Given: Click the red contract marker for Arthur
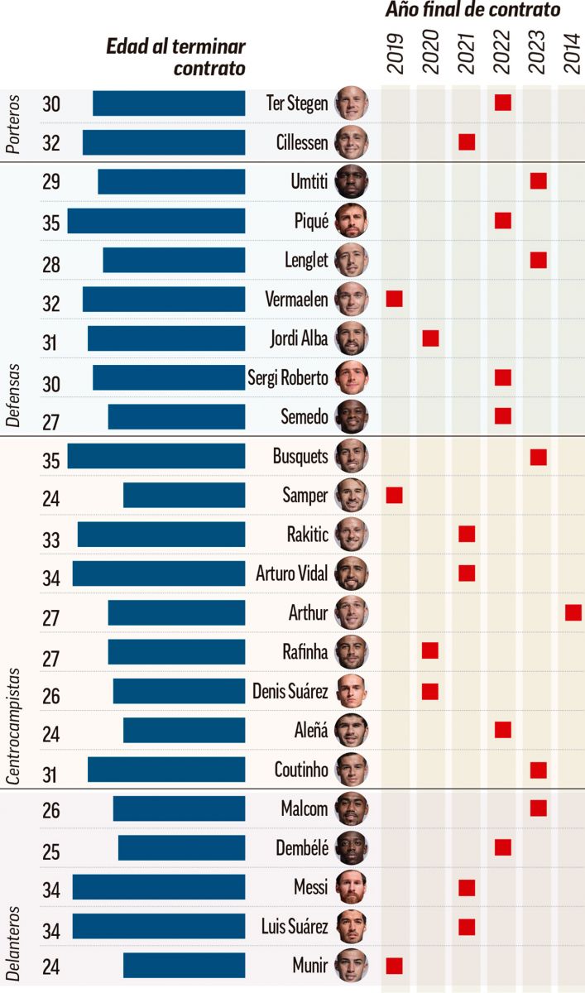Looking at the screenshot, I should pos(573,612).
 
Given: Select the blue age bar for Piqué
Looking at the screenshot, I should pos(156,221).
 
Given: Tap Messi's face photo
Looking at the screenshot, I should pos(352,888).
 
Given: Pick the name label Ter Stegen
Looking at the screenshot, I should pos(297,103).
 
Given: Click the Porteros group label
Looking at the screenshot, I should pos(14,124).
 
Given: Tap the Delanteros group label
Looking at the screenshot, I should pos(14,919).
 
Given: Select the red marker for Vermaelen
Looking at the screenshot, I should pos(395,299).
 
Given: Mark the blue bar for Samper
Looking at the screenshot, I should pos(184,496).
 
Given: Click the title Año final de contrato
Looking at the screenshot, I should pos(472,11).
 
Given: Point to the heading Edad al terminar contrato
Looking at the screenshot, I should pos(176,57).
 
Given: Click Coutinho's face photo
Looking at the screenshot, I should pos(352,770).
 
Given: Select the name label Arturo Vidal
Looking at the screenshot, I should pos(292,573).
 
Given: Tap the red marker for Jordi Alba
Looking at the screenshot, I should pos(430,338).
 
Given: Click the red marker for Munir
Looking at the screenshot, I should pos(395,966).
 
